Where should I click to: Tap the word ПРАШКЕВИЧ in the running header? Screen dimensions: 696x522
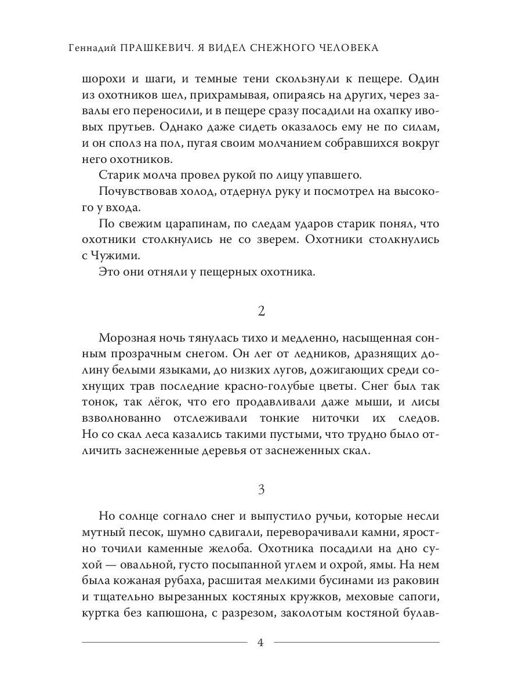coord(157,48)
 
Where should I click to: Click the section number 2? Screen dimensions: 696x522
coord(261,311)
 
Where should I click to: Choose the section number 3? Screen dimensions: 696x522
coord(261,490)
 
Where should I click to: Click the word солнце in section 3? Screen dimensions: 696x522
coord(143,517)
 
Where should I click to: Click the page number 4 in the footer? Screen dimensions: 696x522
coord(260,642)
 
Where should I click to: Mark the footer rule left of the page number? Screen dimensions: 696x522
coord(165,642)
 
